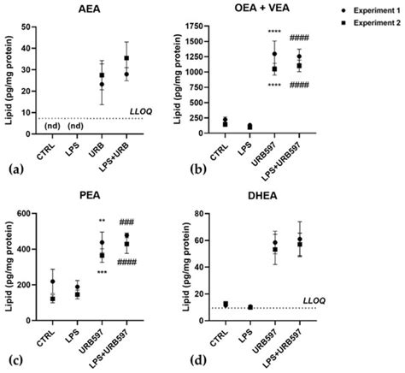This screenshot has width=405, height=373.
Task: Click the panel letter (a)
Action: [x=11, y=171]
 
